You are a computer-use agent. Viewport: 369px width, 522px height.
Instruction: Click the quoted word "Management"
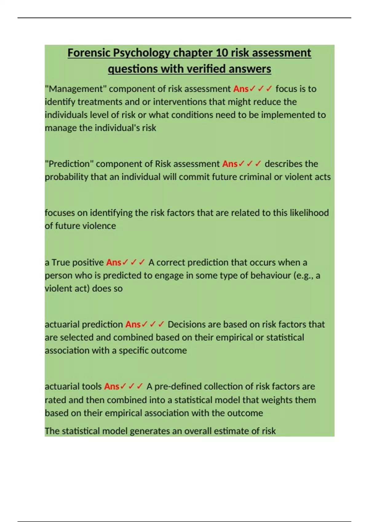(76, 89)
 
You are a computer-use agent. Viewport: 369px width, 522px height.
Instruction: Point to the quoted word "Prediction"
(69, 164)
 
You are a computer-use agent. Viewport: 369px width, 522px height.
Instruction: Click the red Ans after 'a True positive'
(114, 263)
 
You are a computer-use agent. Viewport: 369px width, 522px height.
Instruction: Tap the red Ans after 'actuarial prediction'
(133, 325)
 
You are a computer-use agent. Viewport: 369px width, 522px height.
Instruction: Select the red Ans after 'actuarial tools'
(112, 386)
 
